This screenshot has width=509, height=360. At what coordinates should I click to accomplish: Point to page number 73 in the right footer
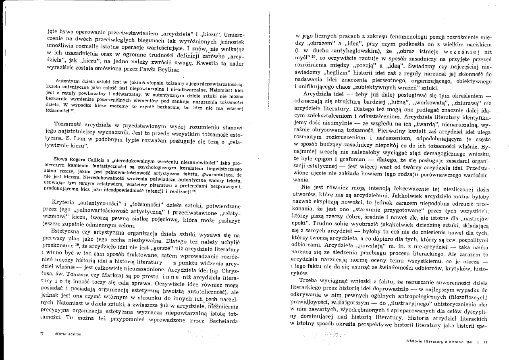tap(485, 342)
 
